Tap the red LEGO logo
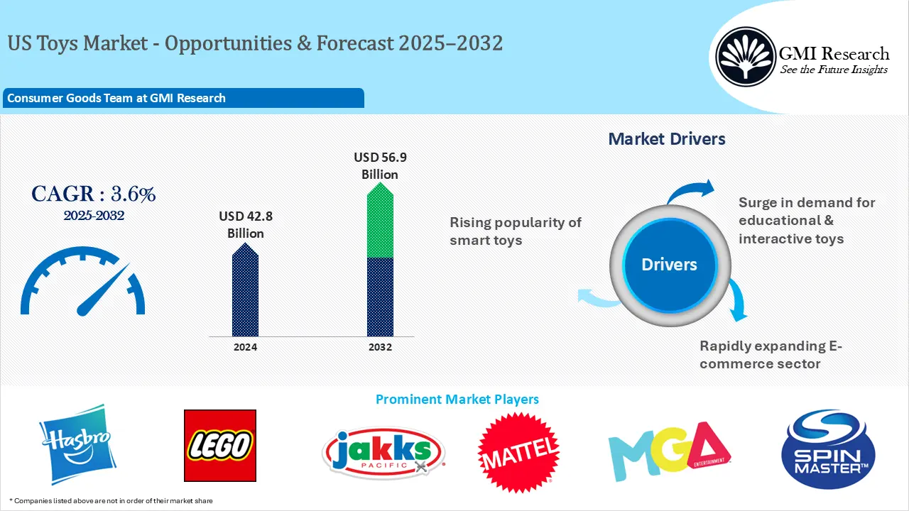(x=219, y=446)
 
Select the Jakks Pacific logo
(x=383, y=452)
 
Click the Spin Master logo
(x=827, y=449)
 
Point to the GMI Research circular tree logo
(x=745, y=57)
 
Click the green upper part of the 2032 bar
(x=380, y=221)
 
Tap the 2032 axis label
(x=380, y=347)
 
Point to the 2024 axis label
(x=245, y=347)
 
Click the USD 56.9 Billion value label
(x=380, y=165)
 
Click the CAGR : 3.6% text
(x=93, y=194)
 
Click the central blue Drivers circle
(x=669, y=265)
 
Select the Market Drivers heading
(x=667, y=139)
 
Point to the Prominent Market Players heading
(x=457, y=399)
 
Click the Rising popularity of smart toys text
(x=515, y=231)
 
